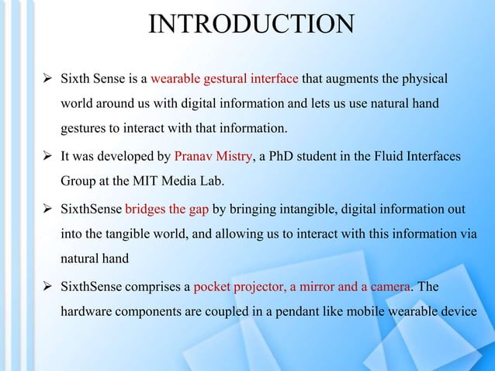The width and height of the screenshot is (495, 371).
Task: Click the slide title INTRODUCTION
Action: tap(250, 26)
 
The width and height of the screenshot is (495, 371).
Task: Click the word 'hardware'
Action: tap(88, 312)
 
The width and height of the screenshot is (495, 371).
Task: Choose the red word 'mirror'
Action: tap(320, 287)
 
